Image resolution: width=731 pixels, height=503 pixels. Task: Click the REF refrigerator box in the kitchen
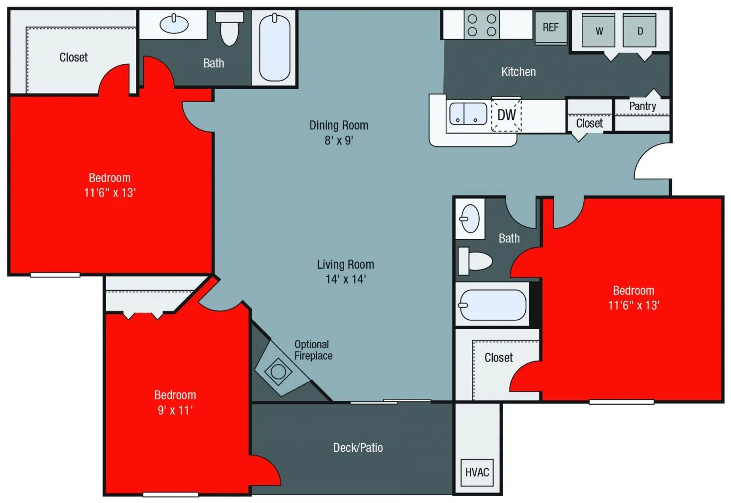(x=550, y=28)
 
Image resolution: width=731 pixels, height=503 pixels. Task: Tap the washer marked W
(x=598, y=31)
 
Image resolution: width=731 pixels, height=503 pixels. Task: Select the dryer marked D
(x=640, y=31)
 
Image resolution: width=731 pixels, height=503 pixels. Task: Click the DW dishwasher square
(x=506, y=115)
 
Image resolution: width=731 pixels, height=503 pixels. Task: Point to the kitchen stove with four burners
(x=482, y=25)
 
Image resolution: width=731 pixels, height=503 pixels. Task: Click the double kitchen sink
(x=468, y=113)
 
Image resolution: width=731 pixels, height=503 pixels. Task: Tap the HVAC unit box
(x=477, y=472)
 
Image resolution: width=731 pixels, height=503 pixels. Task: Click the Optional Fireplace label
(x=313, y=350)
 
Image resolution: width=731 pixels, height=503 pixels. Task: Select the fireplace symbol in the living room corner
(x=278, y=371)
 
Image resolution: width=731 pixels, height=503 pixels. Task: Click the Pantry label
(x=642, y=106)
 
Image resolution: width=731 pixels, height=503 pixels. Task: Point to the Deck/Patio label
(x=358, y=447)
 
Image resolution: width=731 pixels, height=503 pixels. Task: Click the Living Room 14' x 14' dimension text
(x=346, y=279)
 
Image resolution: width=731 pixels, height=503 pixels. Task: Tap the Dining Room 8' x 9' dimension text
(x=339, y=140)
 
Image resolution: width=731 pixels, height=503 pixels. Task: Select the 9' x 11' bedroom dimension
(x=175, y=410)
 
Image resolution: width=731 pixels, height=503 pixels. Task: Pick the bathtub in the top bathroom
(x=274, y=47)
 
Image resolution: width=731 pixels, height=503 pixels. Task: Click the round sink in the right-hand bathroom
(x=470, y=219)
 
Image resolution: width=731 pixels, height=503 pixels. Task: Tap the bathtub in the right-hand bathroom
(x=492, y=305)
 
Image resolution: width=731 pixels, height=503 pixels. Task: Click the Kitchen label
(x=518, y=72)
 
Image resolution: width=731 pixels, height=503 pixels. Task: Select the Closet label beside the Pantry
(x=589, y=123)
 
